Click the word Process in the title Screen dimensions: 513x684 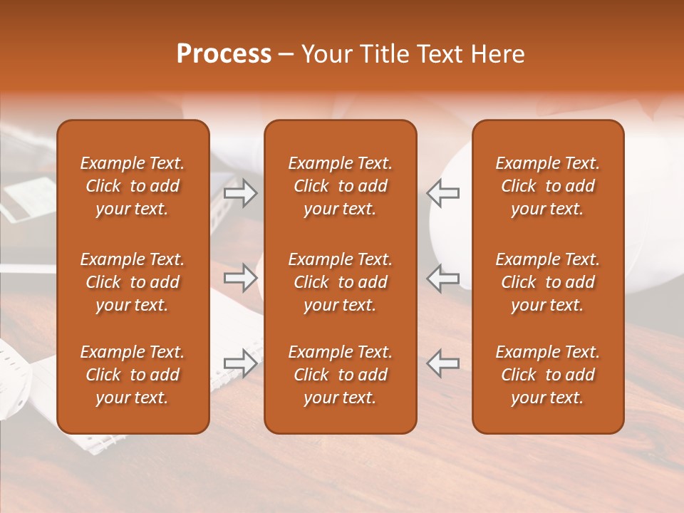(x=224, y=54)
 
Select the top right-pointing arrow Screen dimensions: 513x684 (x=240, y=192)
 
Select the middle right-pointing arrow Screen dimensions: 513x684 (x=240, y=278)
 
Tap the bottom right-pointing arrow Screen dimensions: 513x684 (x=240, y=363)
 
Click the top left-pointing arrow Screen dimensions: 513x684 (x=443, y=192)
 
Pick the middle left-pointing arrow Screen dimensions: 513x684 (x=443, y=278)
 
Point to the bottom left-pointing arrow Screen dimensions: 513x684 (x=443, y=363)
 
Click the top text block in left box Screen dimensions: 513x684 (x=133, y=186)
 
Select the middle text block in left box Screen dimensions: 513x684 (x=133, y=282)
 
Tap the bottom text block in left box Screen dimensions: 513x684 (x=133, y=375)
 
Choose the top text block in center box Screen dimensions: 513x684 (x=340, y=186)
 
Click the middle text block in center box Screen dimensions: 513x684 (x=340, y=282)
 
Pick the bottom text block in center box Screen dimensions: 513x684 (x=340, y=375)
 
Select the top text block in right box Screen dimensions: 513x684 (x=547, y=186)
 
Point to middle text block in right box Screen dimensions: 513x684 (x=547, y=282)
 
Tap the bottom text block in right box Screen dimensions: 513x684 (x=547, y=375)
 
